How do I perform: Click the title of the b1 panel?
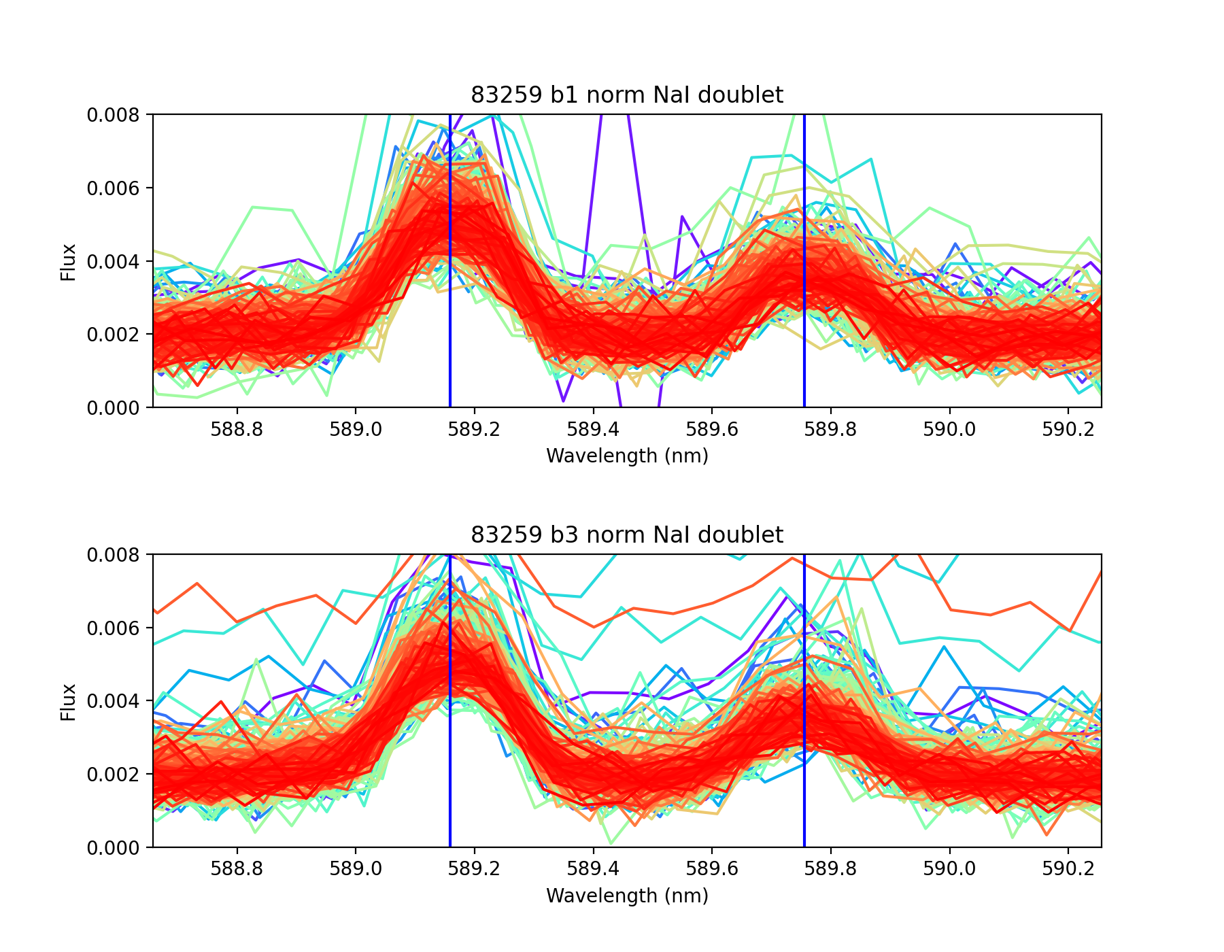coord(626,95)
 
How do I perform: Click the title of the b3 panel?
coord(626,535)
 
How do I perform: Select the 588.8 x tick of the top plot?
coord(237,429)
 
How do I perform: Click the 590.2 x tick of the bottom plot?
coord(1068,869)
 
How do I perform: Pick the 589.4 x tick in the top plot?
coord(594,429)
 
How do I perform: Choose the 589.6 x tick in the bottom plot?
coord(712,869)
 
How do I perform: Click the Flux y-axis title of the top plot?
coord(68,262)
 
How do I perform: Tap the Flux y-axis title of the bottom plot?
coord(68,702)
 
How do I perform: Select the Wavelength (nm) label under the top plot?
coord(627,456)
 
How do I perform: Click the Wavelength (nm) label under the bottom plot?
coord(627,896)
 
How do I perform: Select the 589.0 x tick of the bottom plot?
coord(356,869)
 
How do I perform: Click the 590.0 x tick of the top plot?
coord(949,429)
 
